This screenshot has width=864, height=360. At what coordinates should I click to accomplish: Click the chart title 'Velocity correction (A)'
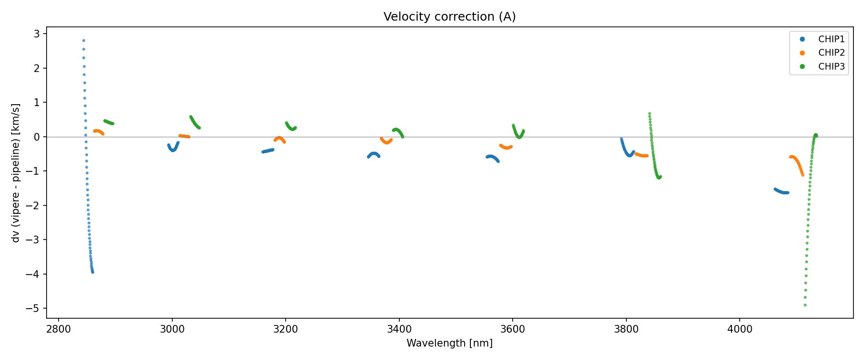tap(449, 17)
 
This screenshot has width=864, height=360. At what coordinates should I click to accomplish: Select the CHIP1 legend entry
tap(831, 39)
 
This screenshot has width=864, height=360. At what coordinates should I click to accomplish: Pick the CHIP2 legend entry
tap(831, 53)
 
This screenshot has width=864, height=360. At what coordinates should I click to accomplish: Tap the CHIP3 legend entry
tap(831, 67)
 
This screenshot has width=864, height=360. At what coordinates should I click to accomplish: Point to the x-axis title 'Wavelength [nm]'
tap(449, 343)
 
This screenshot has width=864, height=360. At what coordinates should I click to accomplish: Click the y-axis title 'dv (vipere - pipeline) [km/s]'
tap(16, 173)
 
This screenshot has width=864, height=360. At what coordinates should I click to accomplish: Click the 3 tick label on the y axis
tap(37, 34)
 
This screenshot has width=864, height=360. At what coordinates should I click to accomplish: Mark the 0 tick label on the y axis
tap(37, 137)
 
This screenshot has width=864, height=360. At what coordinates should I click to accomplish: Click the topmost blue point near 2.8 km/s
tap(84, 41)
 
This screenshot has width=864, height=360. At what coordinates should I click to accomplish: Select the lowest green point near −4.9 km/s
tap(805, 305)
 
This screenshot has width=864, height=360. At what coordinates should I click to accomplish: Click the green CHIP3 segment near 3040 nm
tap(194, 122)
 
